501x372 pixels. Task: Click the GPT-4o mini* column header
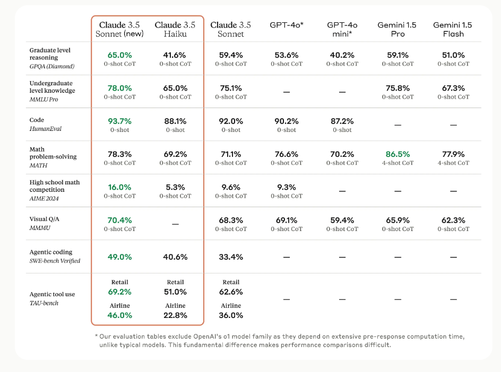[x=342, y=29]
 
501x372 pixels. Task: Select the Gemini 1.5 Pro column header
[x=398, y=29]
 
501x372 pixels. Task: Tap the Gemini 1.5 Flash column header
[x=453, y=29]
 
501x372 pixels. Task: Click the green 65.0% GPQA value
[x=119, y=55]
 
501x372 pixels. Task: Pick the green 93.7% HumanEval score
[x=119, y=121]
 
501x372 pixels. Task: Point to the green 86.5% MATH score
[x=398, y=154]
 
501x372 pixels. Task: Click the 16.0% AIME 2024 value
[x=119, y=187]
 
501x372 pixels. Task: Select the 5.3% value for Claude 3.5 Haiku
[x=175, y=187]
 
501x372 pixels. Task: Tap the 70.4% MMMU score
[x=119, y=220]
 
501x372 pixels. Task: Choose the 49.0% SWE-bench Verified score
[x=119, y=257]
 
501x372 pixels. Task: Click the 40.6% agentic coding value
[x=175, y=257]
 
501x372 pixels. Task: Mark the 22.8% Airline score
[x=175, y=315]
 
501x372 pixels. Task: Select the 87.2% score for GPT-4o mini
[x=342, y=121]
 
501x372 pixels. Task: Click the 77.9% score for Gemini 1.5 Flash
[x=453, y=154]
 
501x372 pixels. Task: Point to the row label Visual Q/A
[x=45, y=219]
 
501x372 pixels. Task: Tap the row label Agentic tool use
[x=52, y=294]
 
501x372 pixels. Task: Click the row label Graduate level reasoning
[x=50, y=54]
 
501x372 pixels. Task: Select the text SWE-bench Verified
[x=55, y=261]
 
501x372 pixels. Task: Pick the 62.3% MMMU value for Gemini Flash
[x=453, y=220]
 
